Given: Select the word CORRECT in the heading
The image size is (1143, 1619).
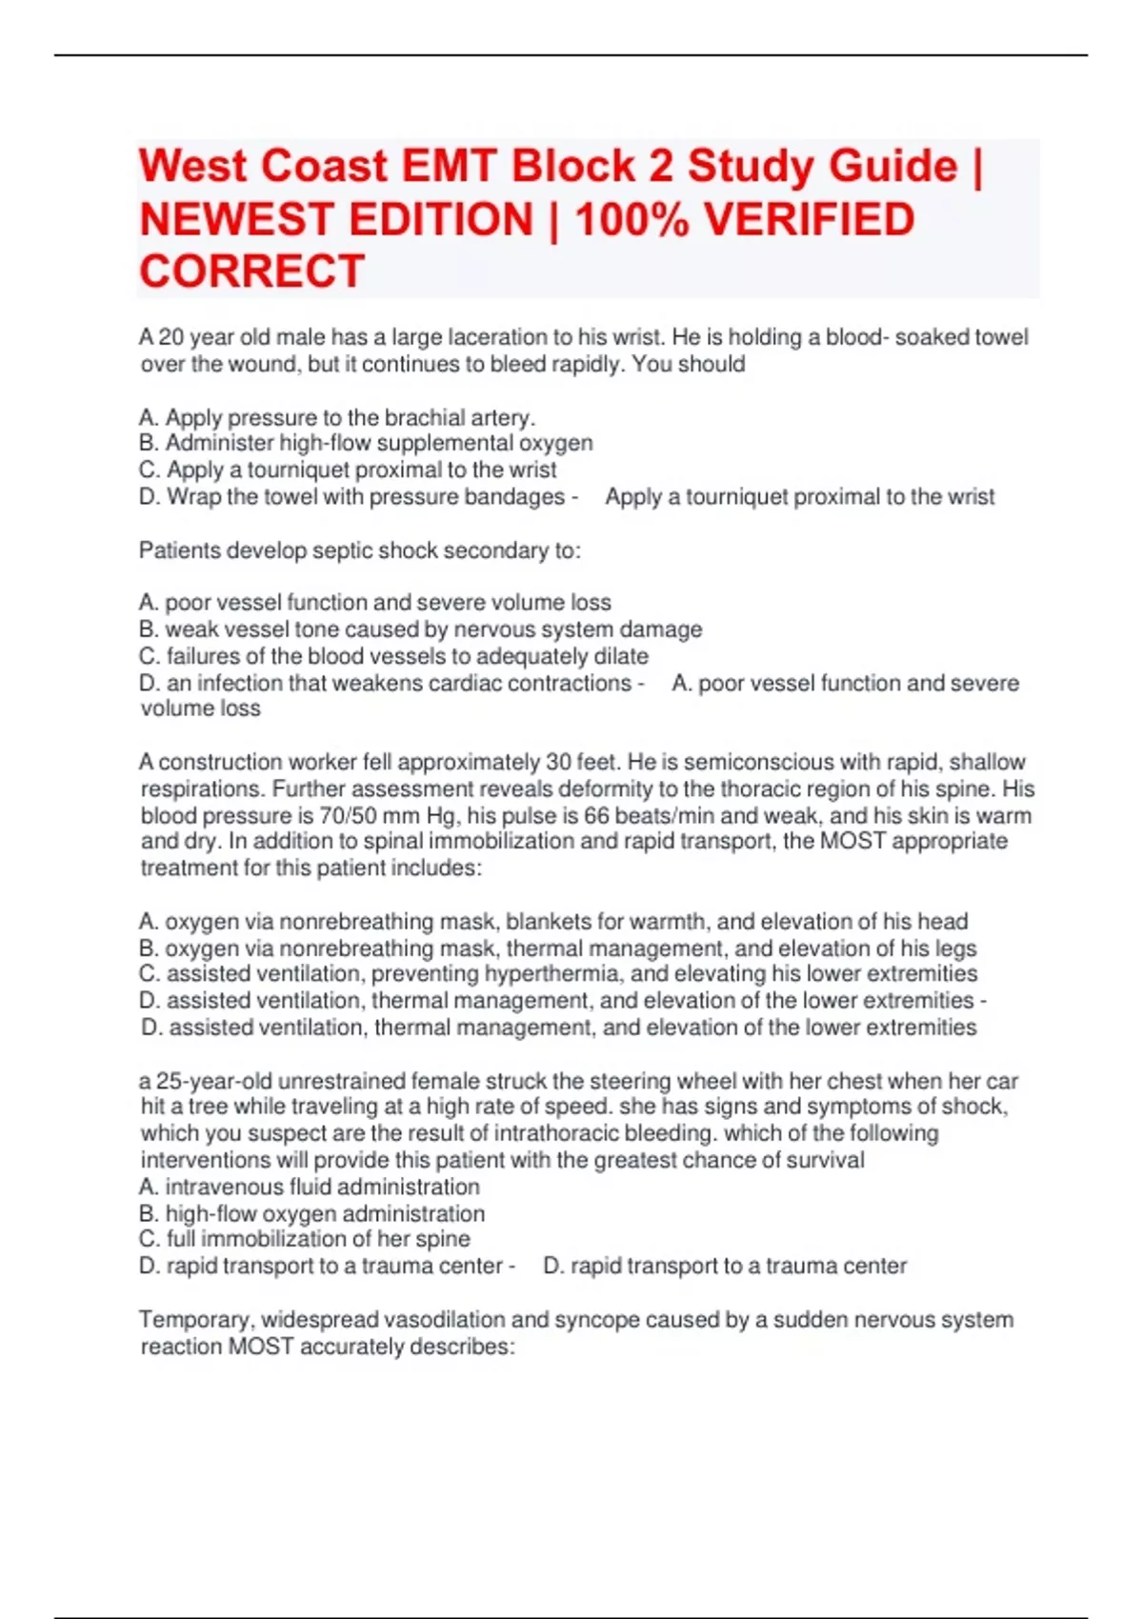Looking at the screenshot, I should [x=251, y=271].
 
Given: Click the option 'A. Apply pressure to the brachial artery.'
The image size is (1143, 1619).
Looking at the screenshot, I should [x=337, y=417].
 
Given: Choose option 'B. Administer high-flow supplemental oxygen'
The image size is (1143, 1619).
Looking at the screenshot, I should [x=366, y=443].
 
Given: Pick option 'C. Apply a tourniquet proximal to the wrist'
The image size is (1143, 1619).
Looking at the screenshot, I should [x=348, y=470].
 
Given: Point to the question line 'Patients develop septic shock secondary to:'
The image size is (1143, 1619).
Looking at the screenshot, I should [x=359, y=550].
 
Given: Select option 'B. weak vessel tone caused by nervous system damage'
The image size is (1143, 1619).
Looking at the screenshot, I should [x=420, y=629].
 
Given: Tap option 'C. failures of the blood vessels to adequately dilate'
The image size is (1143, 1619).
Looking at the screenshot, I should [x=393, y=656].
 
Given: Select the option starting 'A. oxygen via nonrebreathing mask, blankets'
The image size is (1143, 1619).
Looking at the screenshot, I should [x=552, y=921].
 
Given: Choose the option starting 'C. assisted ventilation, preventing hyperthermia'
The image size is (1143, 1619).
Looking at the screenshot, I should [x=557, y=973].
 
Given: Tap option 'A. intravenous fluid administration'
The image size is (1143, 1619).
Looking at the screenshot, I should [x=309, y=1187].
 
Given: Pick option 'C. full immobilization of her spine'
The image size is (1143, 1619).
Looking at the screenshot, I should [x=304, y=1238].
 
